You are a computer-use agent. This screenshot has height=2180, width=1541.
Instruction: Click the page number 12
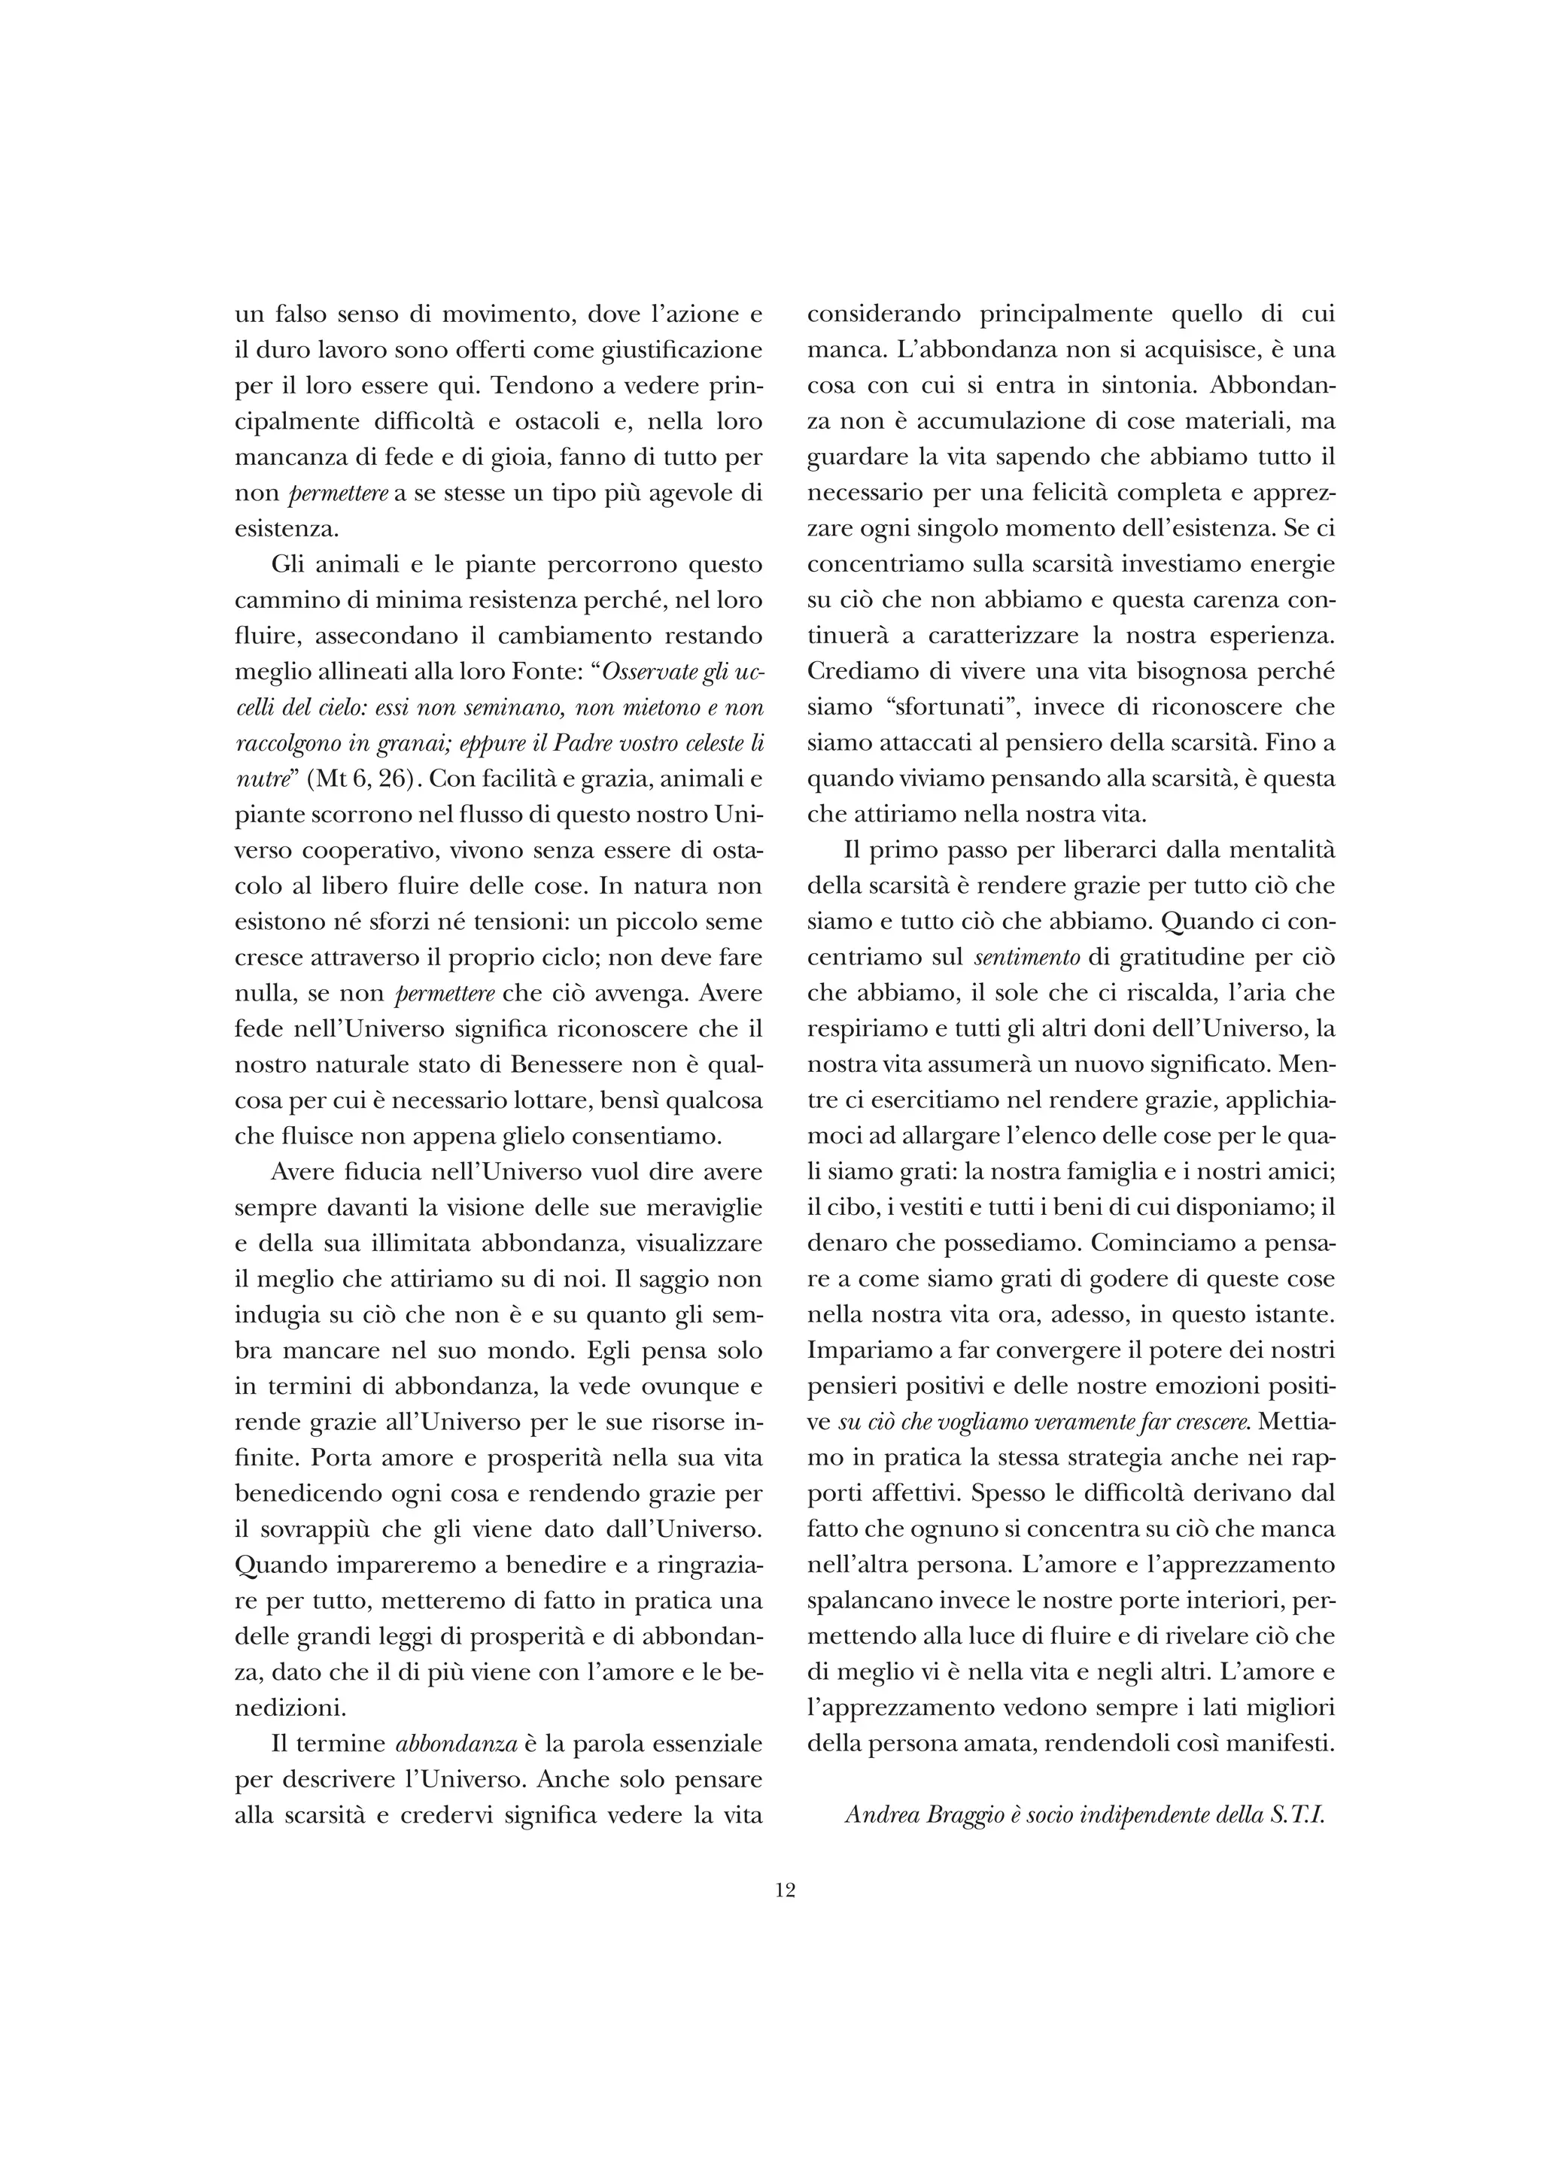point(784,1890)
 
